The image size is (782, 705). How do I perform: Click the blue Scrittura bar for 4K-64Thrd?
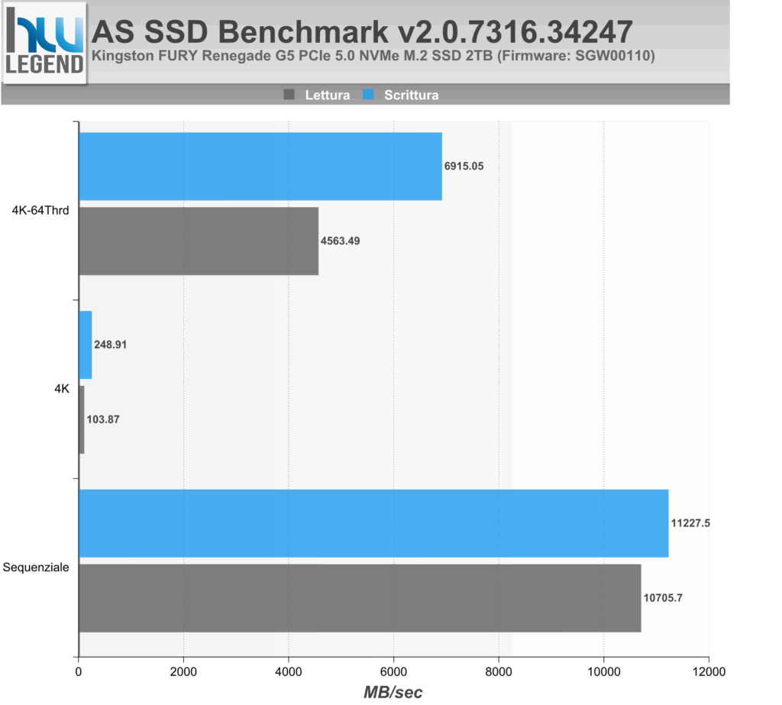point(260,167)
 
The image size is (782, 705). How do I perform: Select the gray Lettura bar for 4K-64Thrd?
point(199,241)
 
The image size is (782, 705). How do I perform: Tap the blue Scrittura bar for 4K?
point(86,344)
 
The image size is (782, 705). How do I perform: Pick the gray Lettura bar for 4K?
point(82,419)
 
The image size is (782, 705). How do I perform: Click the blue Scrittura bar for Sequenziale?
point(373,523)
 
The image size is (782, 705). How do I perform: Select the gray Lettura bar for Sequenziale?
point(360,598)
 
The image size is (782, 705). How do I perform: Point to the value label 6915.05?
point(464,166)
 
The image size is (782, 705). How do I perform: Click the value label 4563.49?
point(340,241)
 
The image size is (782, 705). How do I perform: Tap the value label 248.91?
point(111,344)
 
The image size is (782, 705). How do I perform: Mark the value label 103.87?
point(103,419)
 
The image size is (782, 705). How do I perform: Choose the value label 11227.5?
point(691,523)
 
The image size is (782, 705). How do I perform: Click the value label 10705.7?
point(664,597)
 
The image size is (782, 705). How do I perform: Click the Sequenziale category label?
point(36,568)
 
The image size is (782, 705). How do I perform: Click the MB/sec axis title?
point(393,692)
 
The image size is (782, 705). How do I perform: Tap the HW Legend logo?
point(44,43)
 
